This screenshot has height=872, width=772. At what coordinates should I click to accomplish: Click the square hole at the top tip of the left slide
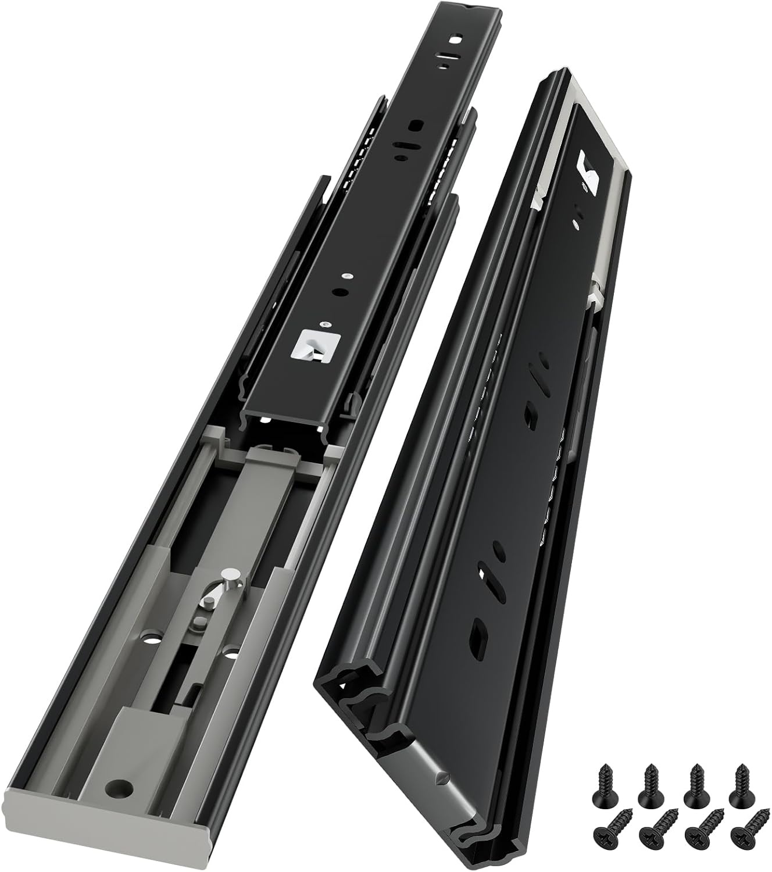pyautogui.click(x=458, y=41)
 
